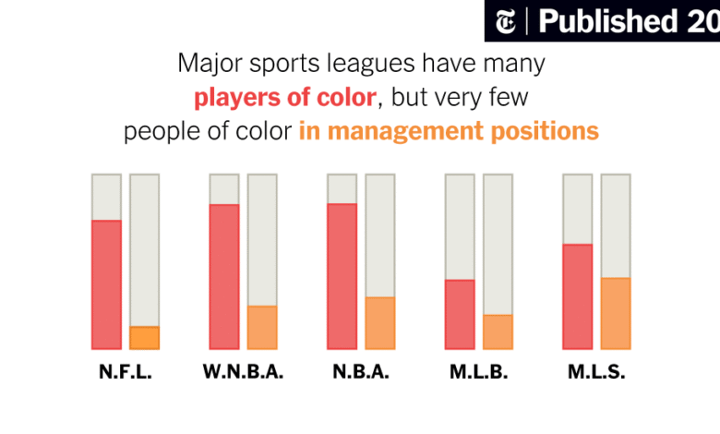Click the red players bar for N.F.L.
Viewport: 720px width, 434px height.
pyautogui.click(x=106, y=284)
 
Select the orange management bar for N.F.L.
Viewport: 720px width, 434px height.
pyautogui.click(x=144, y=338)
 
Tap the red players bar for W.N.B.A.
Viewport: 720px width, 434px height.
pyautogui.click(x=224, y=276)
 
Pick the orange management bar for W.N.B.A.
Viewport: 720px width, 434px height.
pyautogui.click(x=262, y=327)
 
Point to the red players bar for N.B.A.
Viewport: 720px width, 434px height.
pyautogui.click(x=342, y=276)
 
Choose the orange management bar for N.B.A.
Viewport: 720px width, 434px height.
pyautogui.click(x=380, y=323)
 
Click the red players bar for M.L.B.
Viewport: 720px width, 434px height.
pyautogui.click(x=460, y=314)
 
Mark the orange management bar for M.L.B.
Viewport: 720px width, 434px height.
pyautogui.click(x=498, y=332)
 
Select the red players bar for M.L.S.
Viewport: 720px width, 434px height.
pyautogui.click(x=578, y=296)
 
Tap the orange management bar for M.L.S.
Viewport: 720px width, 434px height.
pyautogui.click(x=616, y=313)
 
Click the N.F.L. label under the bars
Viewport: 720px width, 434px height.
pyautogui.click(x=125, y=373)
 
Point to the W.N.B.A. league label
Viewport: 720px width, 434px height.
pyautogui.click(x=243, y=373)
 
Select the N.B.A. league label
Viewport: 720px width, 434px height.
pyautogui.click(x=361, y=373)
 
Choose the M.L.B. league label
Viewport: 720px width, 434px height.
pyautogui.click(x=479, y=373)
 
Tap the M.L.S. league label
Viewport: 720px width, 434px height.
pyautogui.click(x=597, y=373)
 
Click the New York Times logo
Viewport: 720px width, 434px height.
pyautogui.click(x=507, y=20)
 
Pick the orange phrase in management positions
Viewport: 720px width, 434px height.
pyautogui.click(x=449, y=131)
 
